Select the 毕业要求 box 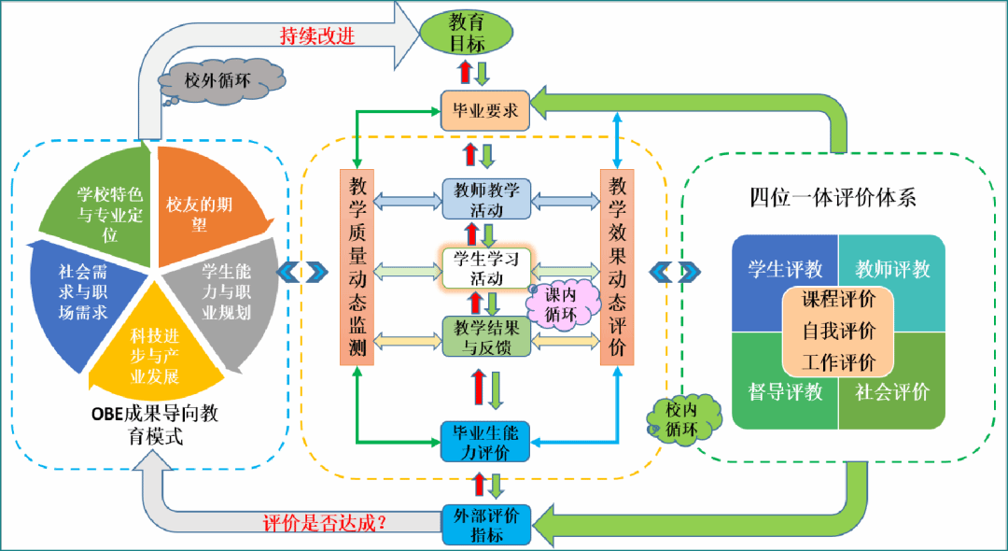[485, 111]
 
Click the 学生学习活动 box [486, 267]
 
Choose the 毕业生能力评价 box [486, 442]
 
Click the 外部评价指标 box [486, 524]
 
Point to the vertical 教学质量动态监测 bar [357, 268]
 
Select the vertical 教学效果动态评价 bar [617, 268]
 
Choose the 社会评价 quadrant [892, 391]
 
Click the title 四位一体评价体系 [833, 197]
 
